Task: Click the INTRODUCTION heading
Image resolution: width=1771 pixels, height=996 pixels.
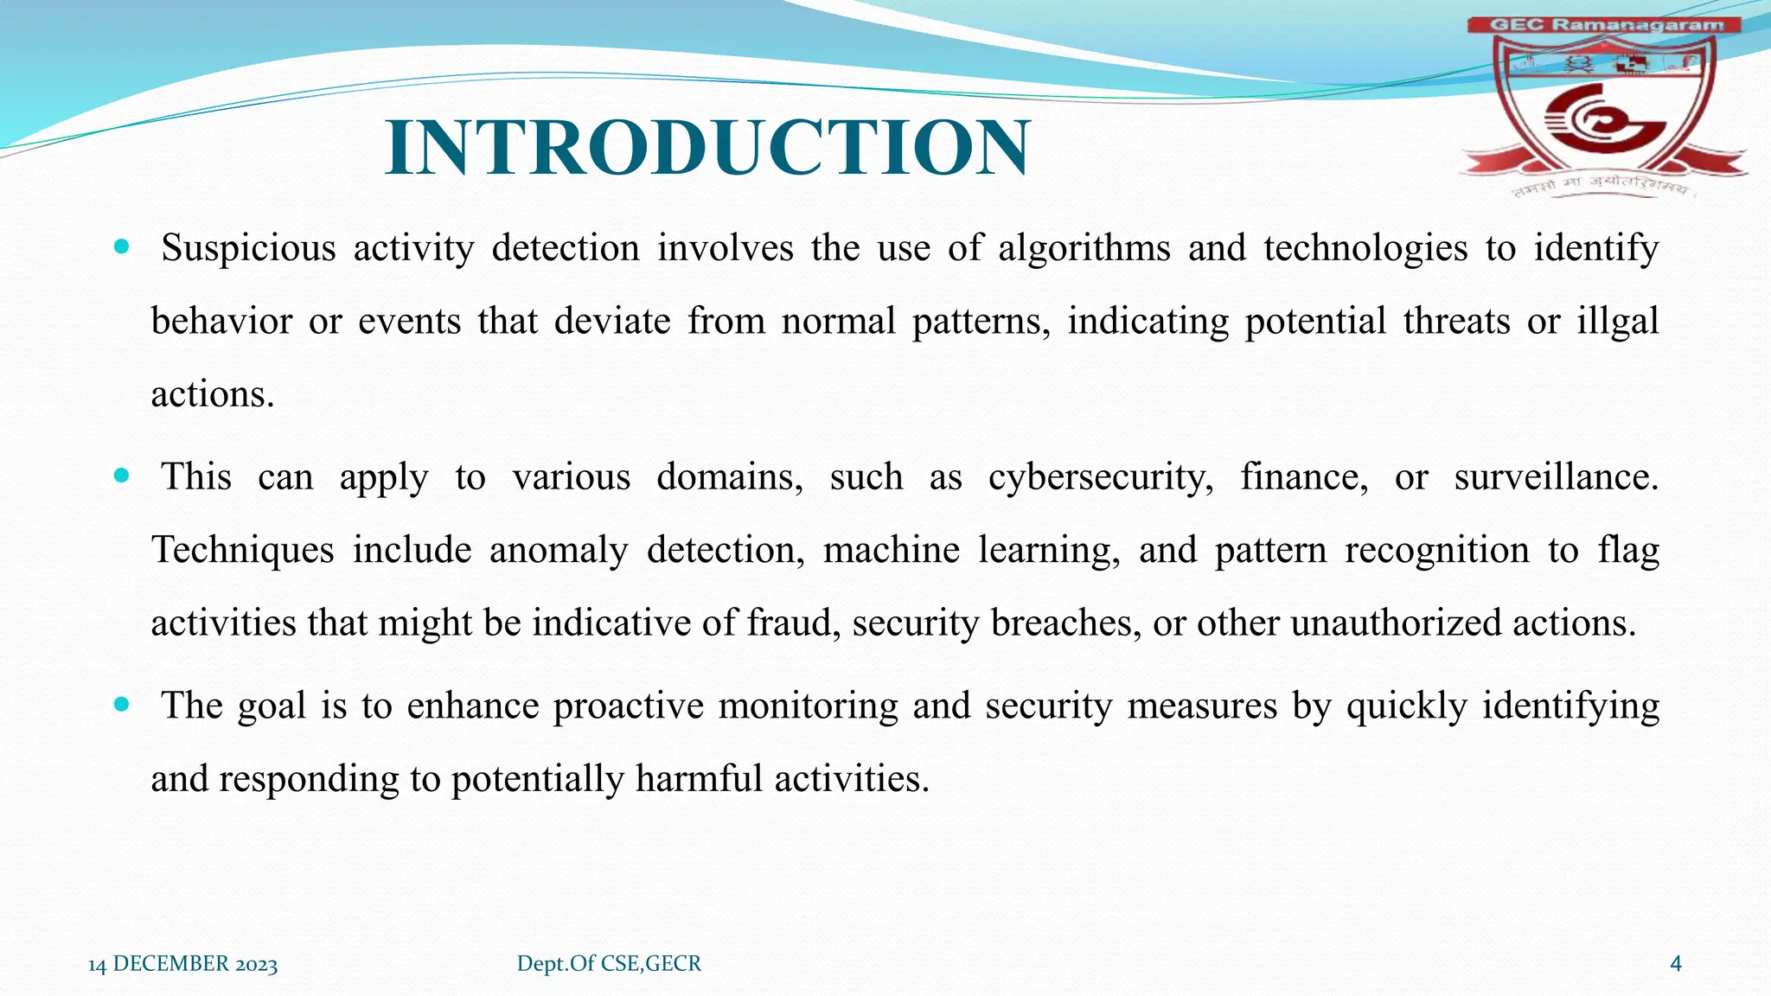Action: click(707, 148)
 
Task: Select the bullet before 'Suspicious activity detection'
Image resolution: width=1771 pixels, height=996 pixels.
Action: click(121, 247)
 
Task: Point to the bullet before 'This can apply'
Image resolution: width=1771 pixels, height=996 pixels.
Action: click(121, 476)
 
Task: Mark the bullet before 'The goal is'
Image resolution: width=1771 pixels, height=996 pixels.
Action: click(121, 705)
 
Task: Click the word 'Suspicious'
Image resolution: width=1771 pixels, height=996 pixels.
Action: click(248, 249)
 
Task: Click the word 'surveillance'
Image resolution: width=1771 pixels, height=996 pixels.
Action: click(1555, 477)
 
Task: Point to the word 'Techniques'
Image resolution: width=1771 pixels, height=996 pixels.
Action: click(242, 551)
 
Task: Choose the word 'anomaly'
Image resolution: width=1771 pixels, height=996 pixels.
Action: click(558, 551)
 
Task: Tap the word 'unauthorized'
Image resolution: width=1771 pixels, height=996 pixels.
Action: click(1396, 622)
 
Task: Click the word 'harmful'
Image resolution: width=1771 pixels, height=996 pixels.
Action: click(699, 779)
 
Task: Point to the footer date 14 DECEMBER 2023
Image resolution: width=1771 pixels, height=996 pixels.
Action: click(182, 964)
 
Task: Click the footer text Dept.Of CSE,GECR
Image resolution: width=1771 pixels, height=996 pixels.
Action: click(609, 963)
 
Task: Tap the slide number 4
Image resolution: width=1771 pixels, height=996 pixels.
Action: click(1675, 963)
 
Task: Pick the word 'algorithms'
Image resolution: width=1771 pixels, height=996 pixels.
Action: click(1084, 249)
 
